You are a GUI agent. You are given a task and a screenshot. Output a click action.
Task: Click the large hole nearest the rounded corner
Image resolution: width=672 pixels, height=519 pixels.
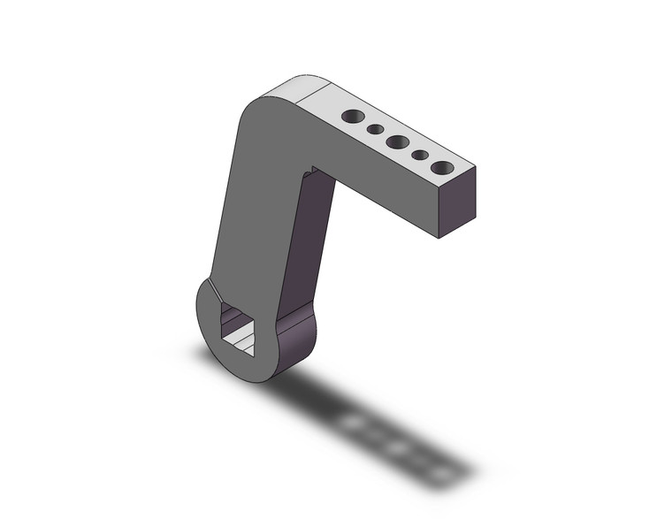tap(353, 116)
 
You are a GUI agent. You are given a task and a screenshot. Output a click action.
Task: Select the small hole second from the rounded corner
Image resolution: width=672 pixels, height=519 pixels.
tap(375, 129)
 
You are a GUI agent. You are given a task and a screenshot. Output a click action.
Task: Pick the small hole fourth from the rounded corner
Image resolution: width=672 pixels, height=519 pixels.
tap(420, 155)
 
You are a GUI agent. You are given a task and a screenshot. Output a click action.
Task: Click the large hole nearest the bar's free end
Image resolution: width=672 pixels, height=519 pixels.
tap(443, 167)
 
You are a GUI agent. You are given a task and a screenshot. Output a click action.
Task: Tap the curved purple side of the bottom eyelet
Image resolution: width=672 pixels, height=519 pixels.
tap(296, 345)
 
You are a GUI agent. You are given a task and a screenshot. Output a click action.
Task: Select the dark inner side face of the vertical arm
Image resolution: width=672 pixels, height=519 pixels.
tap(309, 248)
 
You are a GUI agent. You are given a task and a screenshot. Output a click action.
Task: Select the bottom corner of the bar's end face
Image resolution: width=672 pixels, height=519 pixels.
tap(441, 238)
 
